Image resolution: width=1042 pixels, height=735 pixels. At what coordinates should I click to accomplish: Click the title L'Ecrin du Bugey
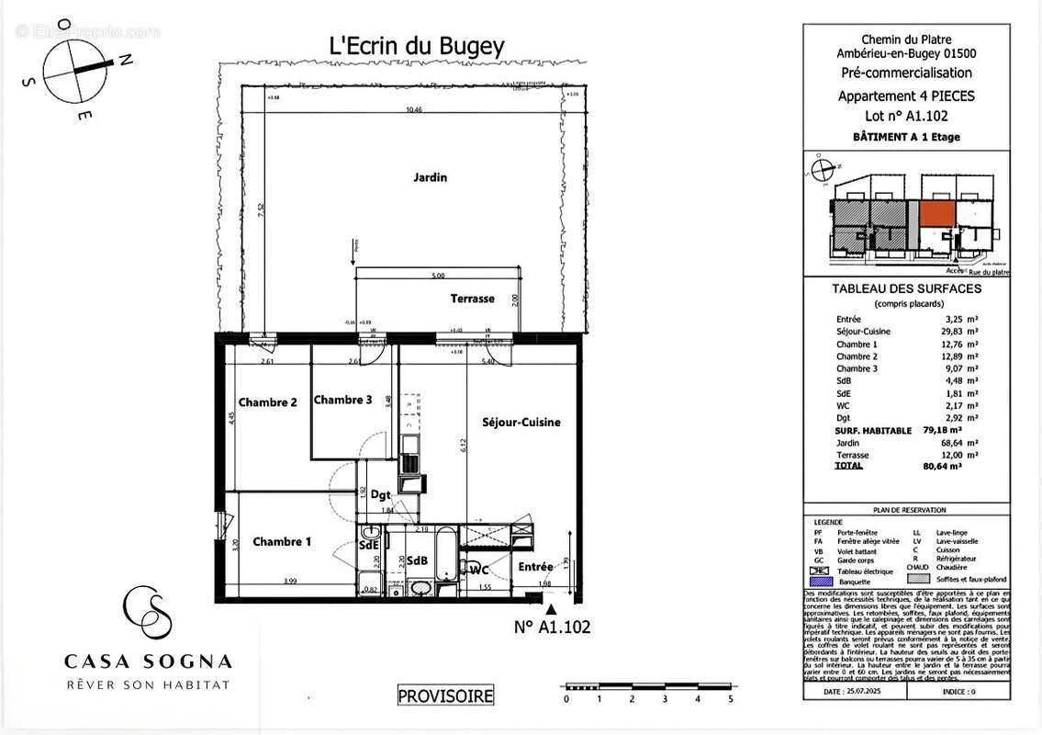coord(417,46)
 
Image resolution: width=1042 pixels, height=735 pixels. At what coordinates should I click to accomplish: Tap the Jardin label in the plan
coord(430,177)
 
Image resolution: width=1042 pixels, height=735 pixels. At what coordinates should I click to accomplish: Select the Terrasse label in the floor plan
coord(472,299)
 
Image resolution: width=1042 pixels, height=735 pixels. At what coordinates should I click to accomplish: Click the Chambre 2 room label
coord(267,402)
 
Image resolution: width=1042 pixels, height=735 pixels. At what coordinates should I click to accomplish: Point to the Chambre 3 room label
coord(342,400)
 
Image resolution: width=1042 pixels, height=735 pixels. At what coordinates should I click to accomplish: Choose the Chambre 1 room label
coord(281,542)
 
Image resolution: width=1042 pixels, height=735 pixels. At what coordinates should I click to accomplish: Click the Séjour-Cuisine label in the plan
coord(521,422)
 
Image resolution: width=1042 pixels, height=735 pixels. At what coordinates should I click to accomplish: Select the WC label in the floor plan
coord(478,571)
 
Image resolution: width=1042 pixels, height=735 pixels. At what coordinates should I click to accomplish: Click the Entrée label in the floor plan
coord(535,567)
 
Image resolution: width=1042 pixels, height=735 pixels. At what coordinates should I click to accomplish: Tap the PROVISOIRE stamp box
coord(445,696)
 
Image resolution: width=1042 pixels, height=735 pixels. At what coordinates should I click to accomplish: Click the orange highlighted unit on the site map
coord(936,212)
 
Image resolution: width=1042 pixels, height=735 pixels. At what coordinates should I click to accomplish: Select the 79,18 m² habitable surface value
coord(942,430)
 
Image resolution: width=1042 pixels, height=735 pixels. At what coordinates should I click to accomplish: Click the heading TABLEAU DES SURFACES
coord(905,288)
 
